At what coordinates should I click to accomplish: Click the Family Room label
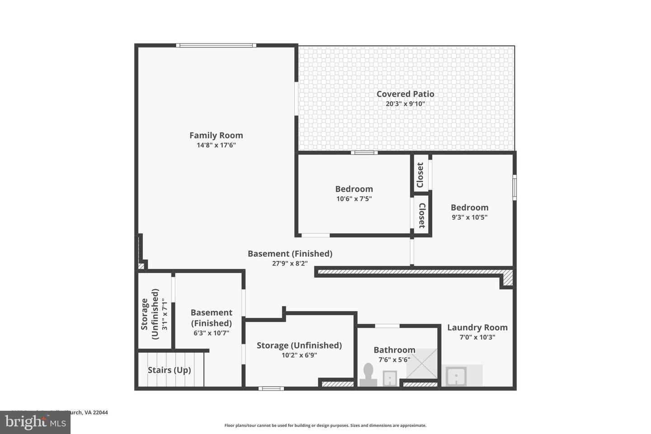click(x=216, y=135)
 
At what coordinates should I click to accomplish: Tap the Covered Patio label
click(x=405, y=94)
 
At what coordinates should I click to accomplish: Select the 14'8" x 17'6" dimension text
click(x=216, y=145)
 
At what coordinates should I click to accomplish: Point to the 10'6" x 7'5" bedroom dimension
click(x=354, y=198)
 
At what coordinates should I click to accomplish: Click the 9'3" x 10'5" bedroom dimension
click(x=469, y=217)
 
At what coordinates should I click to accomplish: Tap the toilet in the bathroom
click(x=368, y=376)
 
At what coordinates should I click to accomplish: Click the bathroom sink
click(x=390, y=378)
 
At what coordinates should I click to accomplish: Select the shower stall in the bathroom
click(x=422, y=364)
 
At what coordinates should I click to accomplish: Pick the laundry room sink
click(x=456, y=376)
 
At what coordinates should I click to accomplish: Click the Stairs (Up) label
click(x=169, y=370)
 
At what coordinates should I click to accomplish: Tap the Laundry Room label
click(x=477, y=327)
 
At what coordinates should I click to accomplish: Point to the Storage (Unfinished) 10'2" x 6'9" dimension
click(x=299, y=355)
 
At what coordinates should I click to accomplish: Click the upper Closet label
click(x=420, y=175)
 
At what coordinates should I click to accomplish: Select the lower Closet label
click(x=421, y=216)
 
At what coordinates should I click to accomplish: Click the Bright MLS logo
click(x=35, y=423)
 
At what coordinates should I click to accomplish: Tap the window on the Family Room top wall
click(x=216, y=45)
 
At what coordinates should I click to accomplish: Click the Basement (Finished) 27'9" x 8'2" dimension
click(x=290, y=263)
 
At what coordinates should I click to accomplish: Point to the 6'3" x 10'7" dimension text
click(x=211, y=333)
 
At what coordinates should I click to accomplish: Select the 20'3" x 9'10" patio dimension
click(x=405, y=104)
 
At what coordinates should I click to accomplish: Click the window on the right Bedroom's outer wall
click(x=514, y=187)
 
